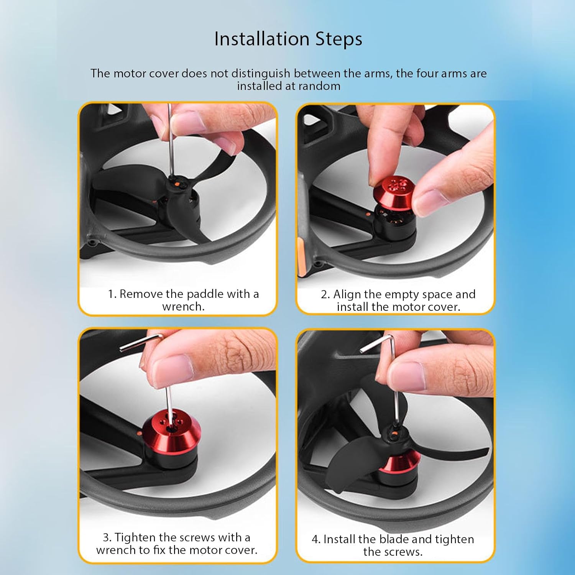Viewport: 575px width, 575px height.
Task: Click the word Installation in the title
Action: (x=262, y=39)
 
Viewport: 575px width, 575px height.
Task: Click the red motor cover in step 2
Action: (x=396, y=191)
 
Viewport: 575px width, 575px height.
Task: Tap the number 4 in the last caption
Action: (x=315, y=540)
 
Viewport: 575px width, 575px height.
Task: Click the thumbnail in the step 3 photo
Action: (x=171, y=369)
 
